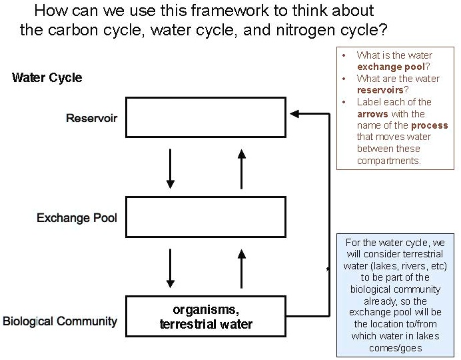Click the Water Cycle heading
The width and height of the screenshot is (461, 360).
47,77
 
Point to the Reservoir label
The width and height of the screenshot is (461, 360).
91,119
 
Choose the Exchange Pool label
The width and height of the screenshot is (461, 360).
77,218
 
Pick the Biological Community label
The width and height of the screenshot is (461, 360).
60,321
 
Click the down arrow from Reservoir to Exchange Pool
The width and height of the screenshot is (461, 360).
171,168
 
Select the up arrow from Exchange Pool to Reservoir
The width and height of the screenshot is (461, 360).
242,168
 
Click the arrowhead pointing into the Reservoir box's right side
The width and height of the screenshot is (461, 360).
295,115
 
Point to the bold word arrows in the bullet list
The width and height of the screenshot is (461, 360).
371,114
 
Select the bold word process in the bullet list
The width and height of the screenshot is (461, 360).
429,125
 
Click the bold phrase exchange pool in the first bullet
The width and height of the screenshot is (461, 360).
390,67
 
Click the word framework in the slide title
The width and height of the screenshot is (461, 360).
217,11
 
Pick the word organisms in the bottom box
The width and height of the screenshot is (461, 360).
205,310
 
